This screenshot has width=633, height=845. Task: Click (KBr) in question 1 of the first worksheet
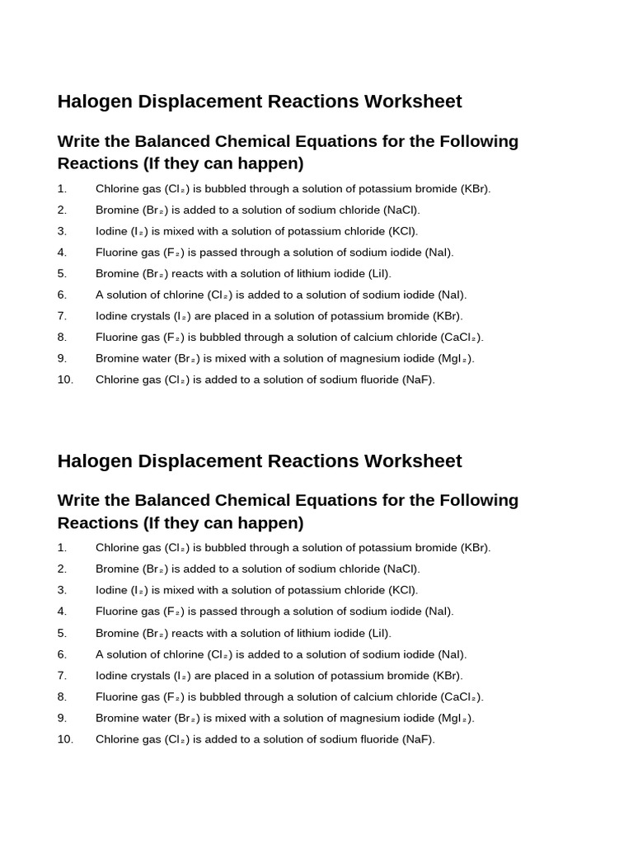tap(476, 189)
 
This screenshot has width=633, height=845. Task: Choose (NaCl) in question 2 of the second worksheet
tap(401, 569)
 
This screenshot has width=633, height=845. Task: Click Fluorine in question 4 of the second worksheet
tap(116, 611)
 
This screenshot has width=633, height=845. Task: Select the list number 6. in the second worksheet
tap(62, 654)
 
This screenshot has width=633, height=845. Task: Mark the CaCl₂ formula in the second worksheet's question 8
tap(462, 697)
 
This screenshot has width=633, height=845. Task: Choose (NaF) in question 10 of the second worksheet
tap(418, 739)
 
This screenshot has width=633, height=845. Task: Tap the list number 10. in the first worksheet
tap(65, 380)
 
